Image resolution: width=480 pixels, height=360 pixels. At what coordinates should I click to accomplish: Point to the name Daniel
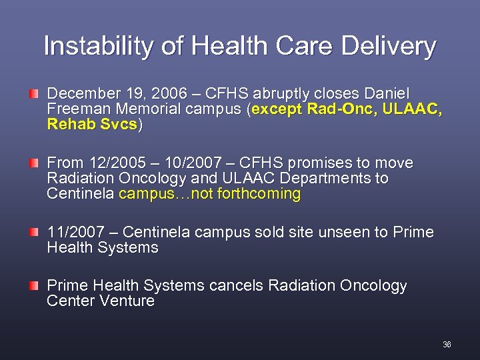click(x=387, y=93)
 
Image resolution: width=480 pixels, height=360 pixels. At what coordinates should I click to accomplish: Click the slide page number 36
click(x=447, y=345)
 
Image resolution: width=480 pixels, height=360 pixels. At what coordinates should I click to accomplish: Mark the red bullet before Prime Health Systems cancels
click(x=33, y=285)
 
